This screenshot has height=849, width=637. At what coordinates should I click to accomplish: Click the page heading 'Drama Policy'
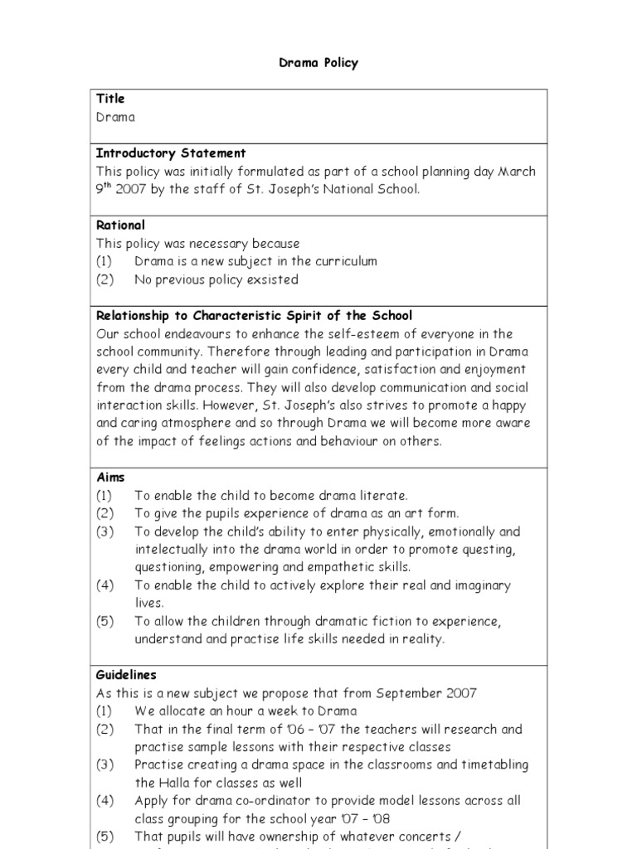click(x=318, y=63)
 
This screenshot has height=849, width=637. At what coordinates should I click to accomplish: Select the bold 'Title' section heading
click(x=109, y=99)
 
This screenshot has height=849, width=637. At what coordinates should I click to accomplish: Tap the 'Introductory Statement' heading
click(x=170, y=153)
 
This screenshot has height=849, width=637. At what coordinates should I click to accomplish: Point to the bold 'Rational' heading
click(x=120, y=225)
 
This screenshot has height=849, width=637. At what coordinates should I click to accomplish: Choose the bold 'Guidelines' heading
click(x=126, y=675)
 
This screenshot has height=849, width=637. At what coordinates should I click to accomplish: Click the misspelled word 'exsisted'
click(x=271, y=279)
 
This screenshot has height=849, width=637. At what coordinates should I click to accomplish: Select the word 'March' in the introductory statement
click(x=516, y=172)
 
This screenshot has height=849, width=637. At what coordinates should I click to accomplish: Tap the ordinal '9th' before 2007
click(x=105, y=188)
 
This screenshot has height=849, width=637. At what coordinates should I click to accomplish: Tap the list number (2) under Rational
click(x=105, y=279)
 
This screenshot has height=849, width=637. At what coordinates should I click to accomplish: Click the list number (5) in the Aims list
click(x=105, y=621)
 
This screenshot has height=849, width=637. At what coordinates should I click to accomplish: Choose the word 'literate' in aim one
click(x=383, y=496)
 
